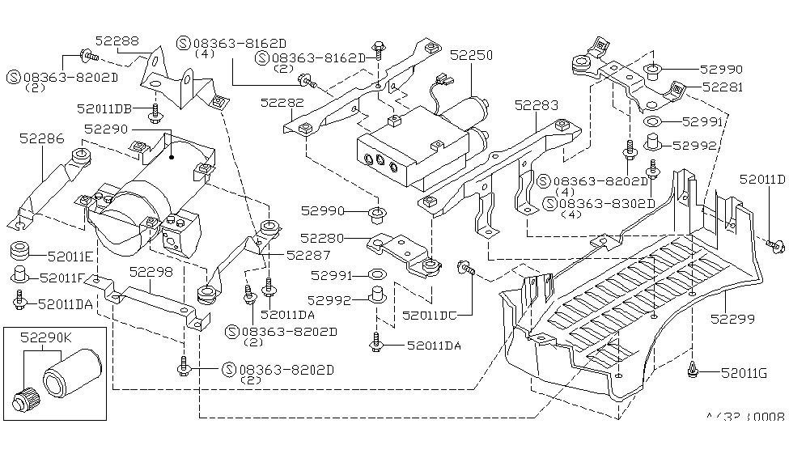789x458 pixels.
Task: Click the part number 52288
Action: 117,40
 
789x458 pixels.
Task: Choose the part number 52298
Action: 151,273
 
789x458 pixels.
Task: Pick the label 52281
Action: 721,87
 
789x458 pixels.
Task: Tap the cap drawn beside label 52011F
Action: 20,275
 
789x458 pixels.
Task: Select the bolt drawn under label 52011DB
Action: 155,113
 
